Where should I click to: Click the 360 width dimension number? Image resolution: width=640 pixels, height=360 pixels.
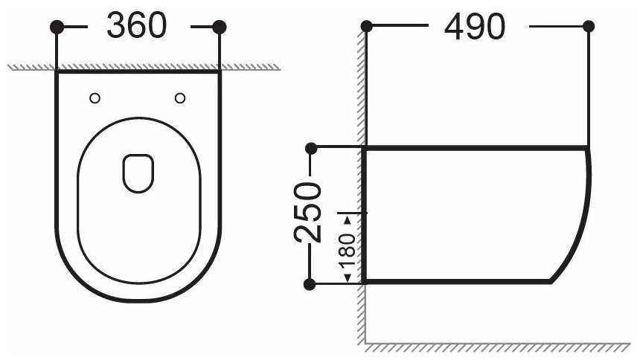click(137, 26)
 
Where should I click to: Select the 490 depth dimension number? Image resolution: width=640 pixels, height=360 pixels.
click(475, 27)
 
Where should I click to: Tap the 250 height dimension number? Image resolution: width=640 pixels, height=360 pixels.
click(308, 212)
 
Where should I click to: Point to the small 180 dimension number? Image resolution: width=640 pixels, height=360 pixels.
click(347, 250)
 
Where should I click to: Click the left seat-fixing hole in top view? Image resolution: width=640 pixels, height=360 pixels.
click(95, 98)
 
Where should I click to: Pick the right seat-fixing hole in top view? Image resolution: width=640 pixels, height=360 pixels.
click(180, 98)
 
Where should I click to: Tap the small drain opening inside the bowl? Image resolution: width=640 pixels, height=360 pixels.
click(138, 173)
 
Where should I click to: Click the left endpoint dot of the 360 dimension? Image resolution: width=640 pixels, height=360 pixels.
click(57, 27)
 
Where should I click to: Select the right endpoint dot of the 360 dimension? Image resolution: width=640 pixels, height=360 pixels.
click(220, 27)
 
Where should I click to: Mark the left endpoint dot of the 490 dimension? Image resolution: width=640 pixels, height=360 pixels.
click(367, 27)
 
